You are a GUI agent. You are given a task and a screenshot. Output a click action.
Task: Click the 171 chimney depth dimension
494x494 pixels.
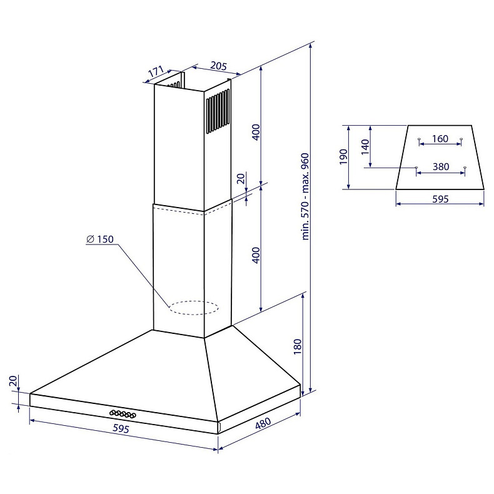[156, 71]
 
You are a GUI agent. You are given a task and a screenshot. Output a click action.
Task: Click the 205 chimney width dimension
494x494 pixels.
[218, 66]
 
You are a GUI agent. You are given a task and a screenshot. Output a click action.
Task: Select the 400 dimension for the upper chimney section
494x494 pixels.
[256, 133]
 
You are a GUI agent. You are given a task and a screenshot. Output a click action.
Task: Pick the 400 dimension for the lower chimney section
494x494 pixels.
[256, 255]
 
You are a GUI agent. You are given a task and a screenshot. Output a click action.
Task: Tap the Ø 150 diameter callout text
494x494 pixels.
[100, 239]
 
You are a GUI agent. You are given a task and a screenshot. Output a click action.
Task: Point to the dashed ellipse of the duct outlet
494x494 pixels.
[193, 308]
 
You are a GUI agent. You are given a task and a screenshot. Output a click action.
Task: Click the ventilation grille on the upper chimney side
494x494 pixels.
[218, 111]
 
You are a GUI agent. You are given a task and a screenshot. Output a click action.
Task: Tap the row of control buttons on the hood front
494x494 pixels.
[123, 414]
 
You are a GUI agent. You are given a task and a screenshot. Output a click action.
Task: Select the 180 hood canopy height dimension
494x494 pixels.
[298, 346]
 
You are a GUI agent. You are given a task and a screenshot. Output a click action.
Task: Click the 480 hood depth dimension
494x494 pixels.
[263, 423]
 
